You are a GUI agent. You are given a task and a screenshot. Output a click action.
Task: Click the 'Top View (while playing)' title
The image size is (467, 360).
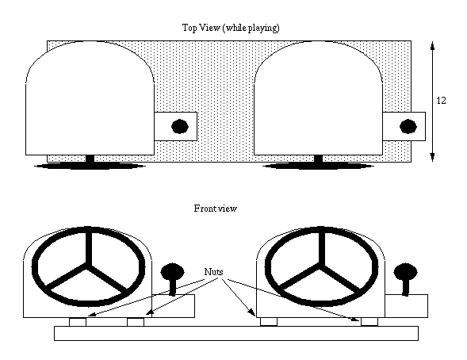pyautogui.click(x=231, y=28)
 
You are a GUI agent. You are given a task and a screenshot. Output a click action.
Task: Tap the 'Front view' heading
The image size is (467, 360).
pyautogui.click(x=216, y=208)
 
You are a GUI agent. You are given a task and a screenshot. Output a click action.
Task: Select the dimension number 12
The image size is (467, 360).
pyautogui.click(x=441, y=101)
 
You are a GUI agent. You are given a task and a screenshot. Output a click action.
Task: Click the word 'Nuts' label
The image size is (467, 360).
pyautogui.click(x=213, y=271)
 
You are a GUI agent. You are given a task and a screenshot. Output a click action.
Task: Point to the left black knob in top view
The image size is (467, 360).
pyautogui.click(x=180, y=127)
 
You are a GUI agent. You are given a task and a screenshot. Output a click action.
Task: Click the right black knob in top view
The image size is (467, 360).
pyautogui.click(x=408, y=127)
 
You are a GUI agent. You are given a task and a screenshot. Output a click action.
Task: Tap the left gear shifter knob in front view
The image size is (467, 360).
pyautogui.click(x=172, y=272)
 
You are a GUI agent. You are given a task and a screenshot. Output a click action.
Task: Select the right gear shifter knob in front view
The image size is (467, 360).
pyautogui.click(x=406, y=272)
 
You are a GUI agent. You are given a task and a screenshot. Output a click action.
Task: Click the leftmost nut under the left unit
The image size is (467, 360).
pyautogui.click(x=78, y=322)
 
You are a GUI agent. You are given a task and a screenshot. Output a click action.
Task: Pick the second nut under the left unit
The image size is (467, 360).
pyautogui.click(x=136, y=322)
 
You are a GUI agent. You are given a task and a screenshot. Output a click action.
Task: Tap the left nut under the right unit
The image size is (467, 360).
pyautogui.click(x=269, y=322)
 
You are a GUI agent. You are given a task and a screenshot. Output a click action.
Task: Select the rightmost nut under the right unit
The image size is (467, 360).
pyautogui.click(x=369, y=322)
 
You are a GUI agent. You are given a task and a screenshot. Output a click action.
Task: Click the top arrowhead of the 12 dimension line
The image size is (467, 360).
pyautogui.click(x=432, y=44)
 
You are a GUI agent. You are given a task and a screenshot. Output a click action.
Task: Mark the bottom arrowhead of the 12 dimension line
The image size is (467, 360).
pyautogui.click(x=432, y=158)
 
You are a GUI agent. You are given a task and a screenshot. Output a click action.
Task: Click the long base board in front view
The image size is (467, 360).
pyautogui.click(x=236, y=333)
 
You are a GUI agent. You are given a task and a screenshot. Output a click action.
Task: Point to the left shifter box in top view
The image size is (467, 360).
pyautogui.click(x=175, y=126)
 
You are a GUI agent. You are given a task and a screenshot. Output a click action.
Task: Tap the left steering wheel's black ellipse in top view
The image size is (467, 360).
pyautogui.click(x=90, y=166)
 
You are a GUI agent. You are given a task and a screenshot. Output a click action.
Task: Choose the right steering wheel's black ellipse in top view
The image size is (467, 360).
pyautogui.click(x=318, y=166)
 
